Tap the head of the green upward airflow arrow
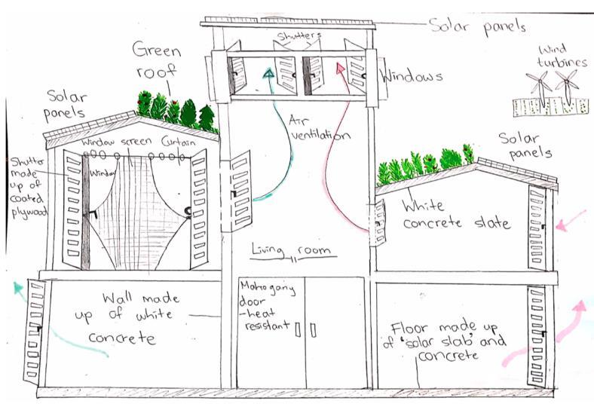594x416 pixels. [269, 72]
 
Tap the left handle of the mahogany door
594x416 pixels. [299, 329]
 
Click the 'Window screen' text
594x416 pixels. [118, 142]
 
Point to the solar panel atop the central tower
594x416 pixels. [287, 20]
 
